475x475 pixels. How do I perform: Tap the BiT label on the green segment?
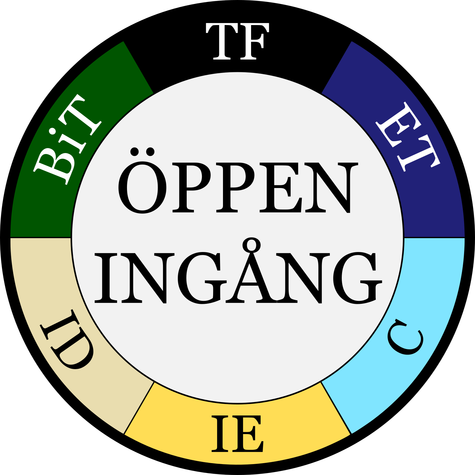(x=68, y=139)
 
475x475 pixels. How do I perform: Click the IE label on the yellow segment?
(x=237, y=434)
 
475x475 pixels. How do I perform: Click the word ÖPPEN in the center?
(x=237, y=186)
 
